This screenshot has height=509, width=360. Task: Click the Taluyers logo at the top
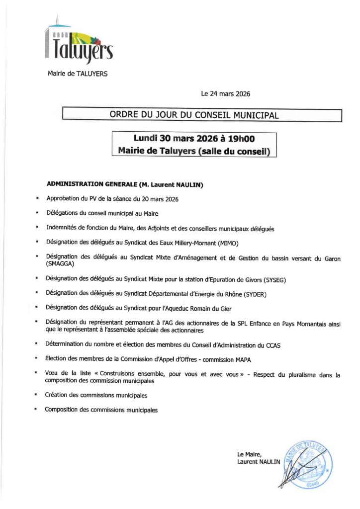coord(80,43)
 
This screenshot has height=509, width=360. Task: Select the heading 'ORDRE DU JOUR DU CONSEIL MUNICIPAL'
coord(194,115)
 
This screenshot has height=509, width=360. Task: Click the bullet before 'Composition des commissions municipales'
coord(36,410)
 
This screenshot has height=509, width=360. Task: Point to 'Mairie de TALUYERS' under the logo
coord(77,74)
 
